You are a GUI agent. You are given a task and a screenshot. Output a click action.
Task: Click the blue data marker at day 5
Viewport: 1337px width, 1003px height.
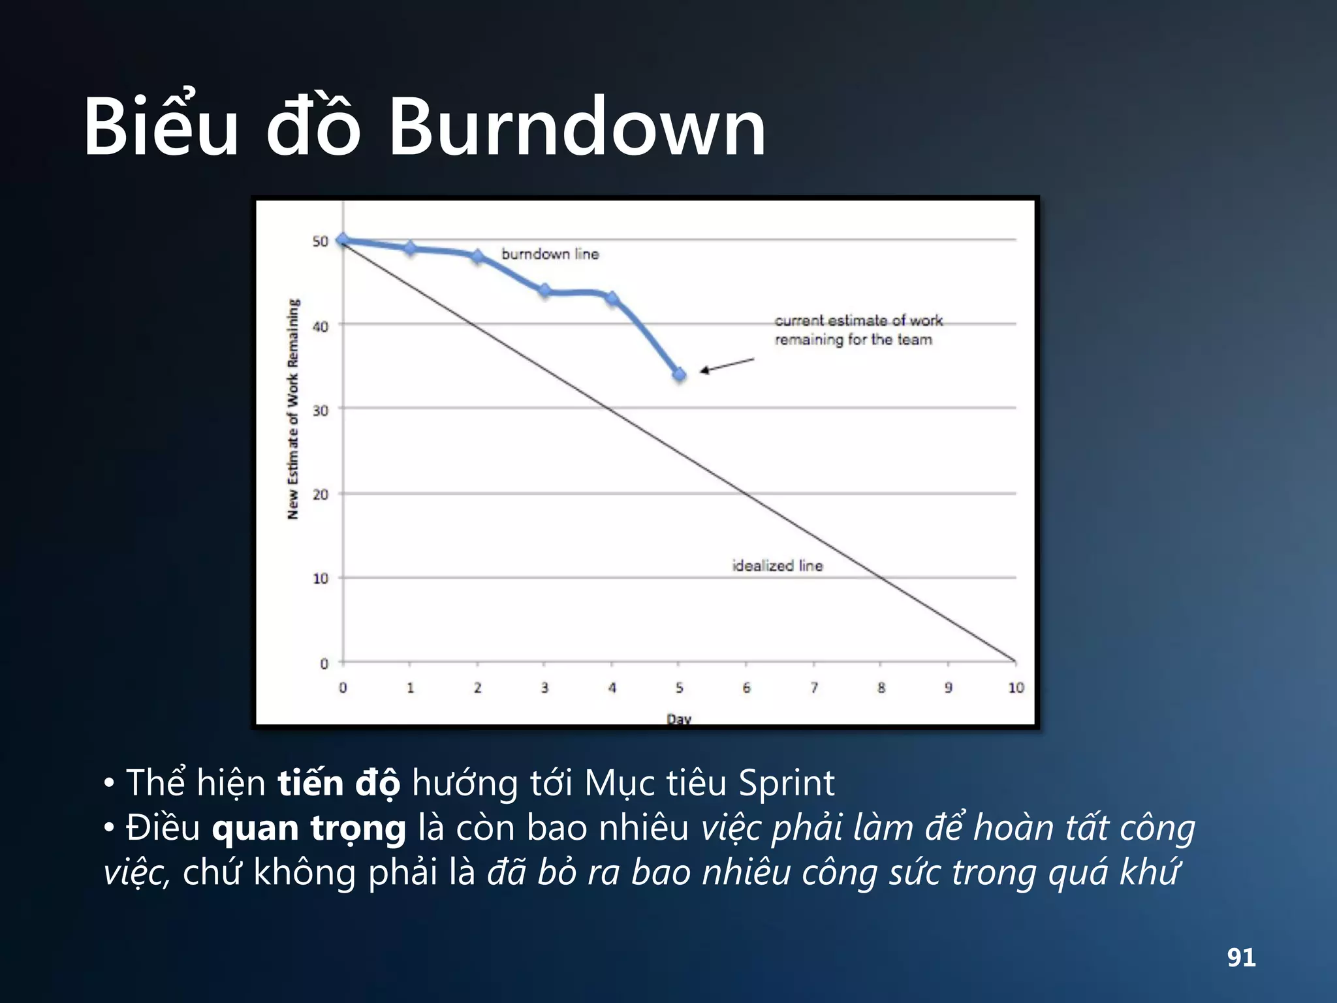tap(679, 374)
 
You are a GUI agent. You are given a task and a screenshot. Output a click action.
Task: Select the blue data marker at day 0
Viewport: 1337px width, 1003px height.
tap(343, 240)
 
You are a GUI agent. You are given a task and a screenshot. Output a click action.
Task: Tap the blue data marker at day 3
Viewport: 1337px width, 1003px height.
tap(544, 291)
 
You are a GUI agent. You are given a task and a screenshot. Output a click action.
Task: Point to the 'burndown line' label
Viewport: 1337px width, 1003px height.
tap(550, 254)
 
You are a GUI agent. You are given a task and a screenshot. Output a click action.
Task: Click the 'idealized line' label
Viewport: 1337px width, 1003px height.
tap(777, 565)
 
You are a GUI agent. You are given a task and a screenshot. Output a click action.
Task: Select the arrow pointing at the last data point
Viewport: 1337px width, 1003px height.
tap(727, 365)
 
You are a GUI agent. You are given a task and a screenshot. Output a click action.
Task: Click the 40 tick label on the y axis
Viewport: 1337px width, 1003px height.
tap(320, 326)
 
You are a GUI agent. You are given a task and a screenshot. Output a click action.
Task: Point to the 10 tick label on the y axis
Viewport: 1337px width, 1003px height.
tap(320, 579)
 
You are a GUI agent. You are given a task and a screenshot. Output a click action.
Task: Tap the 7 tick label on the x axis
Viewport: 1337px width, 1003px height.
tap(813, 688)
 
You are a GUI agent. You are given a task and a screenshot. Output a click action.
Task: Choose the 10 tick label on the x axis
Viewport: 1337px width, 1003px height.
tap(1016, 688)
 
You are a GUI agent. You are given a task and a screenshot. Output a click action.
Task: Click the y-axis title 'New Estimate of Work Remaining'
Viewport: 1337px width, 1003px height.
tap(292, 409)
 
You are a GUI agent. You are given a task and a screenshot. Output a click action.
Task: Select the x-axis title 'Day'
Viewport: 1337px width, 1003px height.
tap(678, 718)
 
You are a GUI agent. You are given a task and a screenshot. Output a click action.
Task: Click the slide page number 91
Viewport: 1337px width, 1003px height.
tap(1241, 957)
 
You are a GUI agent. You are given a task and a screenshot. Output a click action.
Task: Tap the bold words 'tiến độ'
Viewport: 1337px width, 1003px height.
tap(339, 784)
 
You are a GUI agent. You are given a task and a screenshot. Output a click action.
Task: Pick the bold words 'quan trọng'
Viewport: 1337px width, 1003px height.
tap(309, 829)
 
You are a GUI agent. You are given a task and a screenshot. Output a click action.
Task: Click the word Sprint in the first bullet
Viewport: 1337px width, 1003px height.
tap(786, 784)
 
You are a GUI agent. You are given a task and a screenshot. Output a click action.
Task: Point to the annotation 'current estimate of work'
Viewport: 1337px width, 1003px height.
tap(858, 321)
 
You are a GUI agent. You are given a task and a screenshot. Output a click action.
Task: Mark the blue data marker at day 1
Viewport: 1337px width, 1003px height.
tap(410, 248)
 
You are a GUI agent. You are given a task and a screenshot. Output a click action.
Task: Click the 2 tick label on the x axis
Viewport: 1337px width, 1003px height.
tap(477, 688)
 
